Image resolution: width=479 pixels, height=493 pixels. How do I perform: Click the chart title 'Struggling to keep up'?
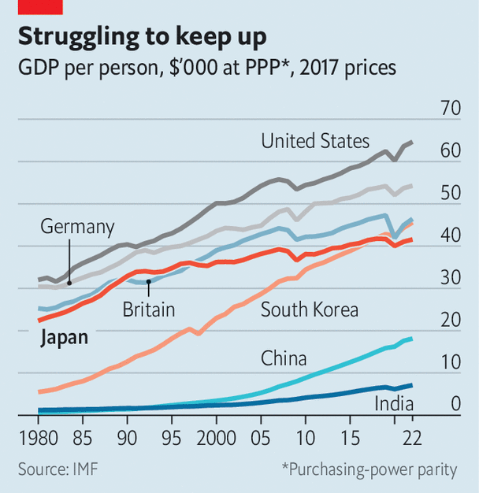(x=142, y=36)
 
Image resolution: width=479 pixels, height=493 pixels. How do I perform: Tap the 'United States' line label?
(x=315, y=142)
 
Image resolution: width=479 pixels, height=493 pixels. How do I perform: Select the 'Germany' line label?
(x=77, y=228)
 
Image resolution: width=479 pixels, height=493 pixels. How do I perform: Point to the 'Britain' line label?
(x=148, y=310)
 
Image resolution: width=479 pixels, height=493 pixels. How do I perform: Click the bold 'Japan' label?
(x=63, y=339)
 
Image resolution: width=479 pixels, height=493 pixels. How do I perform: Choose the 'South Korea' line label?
(x=309, y=310)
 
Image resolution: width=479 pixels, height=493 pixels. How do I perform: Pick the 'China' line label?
(x=284, y=360)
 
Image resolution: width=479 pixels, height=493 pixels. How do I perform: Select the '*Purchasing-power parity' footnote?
(x=369, y=469)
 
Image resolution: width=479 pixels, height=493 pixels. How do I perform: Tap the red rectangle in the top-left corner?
(x=40, y=7)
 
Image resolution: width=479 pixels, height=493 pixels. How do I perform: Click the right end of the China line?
(x=411, y=339)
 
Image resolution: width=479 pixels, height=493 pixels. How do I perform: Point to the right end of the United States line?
(x=412, y=143)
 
